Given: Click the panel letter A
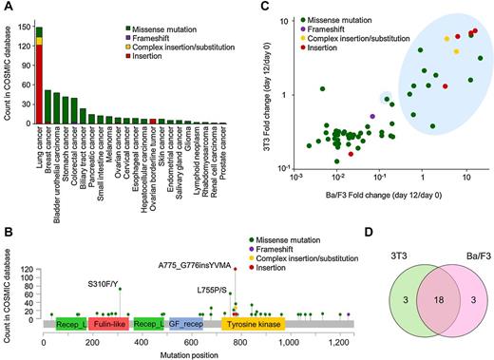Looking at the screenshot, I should [x=7, y=8].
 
